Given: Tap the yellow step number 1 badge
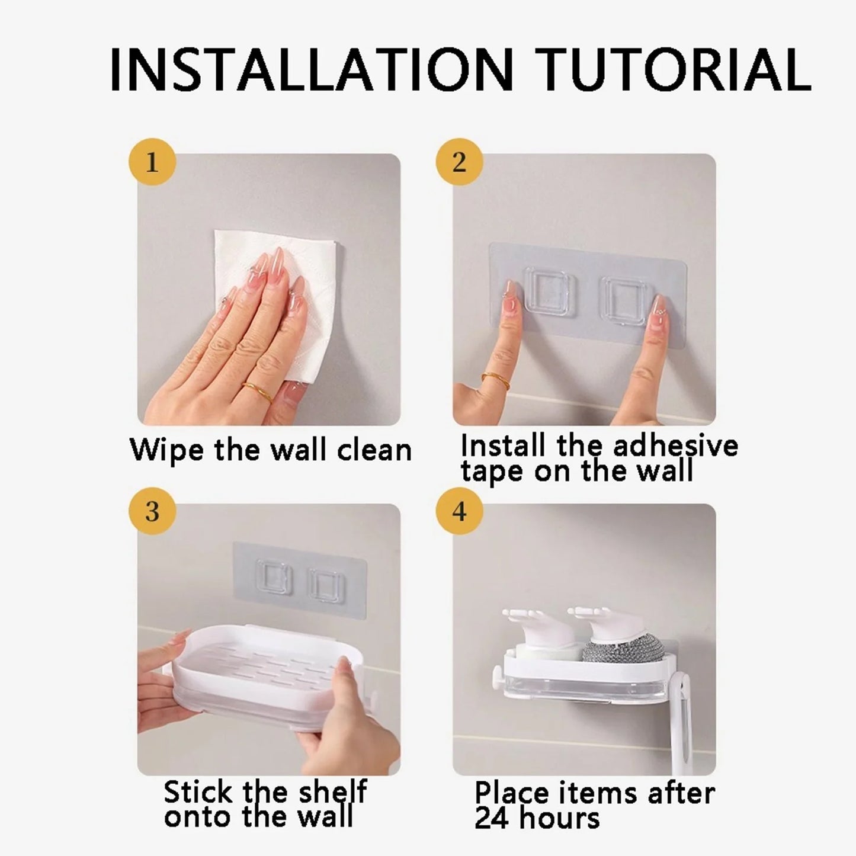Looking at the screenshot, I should click(x=152, y=162).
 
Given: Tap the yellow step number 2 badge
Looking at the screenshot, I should click(x=459, y=162).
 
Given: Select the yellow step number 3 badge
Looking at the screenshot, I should click(x=152, y=511).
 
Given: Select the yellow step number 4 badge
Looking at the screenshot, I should click(x=459, y=511).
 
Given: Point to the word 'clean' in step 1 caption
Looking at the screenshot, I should click(x=374, y=451).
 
